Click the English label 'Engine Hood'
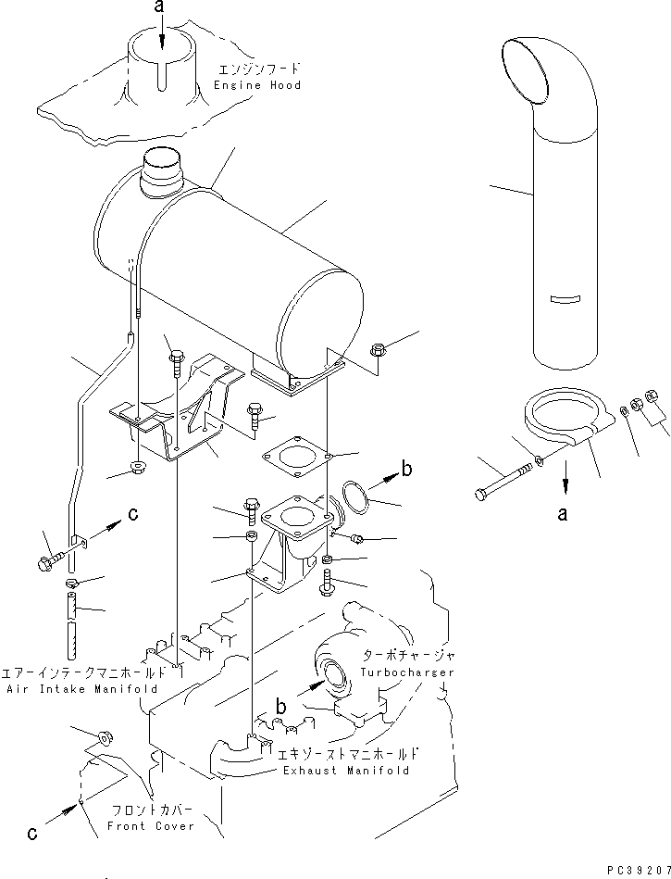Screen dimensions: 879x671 point(257,84)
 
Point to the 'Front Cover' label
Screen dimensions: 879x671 point(151,825)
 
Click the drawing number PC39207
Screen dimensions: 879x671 point(637,872)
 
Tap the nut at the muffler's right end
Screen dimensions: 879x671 point(378,349)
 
